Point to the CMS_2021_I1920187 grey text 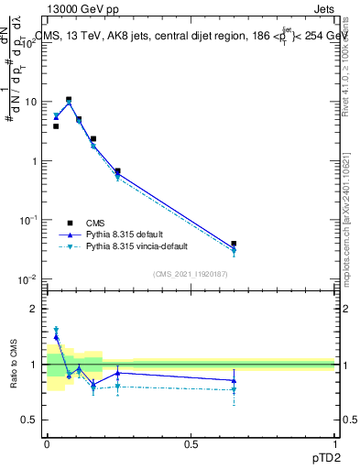click(x=190, y=272)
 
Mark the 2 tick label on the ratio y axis click(x=34, y=309)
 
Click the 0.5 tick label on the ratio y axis click(x=30, y=420)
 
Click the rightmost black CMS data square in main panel click(x=235, y=245)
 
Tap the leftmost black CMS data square click(x=56, y=126)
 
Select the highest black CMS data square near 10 click(x=69, y=99)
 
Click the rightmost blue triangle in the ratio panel click(x=235, y=380)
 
